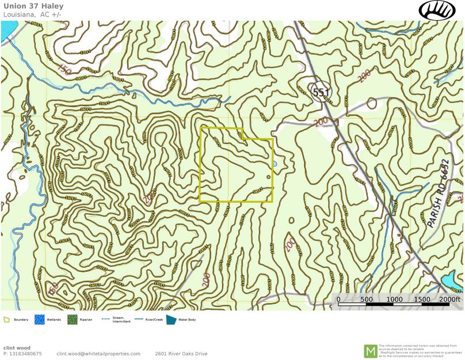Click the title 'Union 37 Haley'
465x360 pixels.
pyautogui.click(x=33, y=6)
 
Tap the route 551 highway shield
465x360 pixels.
pyautogui.click(x=321, y=92)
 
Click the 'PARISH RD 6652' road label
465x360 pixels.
pyautogui.click(x=437, y=193)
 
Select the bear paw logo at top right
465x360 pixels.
pyautogui.click(x=437, y=10)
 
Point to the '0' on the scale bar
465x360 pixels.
pyautogui.click(x=338, y=300)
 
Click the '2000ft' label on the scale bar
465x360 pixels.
pyautogui.click(x=449, y=300)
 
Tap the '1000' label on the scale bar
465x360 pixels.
pyautogui.click(x=394, y=300)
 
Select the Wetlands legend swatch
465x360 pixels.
pyautogui.click(x=39, y=319)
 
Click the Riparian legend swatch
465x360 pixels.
pyautogui.click(x=72, y=319)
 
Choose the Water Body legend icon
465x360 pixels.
pyautogui.click(x=171, y=319)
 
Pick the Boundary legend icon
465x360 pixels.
pyautogui.click(x=7, y=319)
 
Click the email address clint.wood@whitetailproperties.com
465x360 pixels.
pyautogui.click(x=98, y=354)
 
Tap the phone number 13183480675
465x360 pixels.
pyautogui.click(x=26, y=354)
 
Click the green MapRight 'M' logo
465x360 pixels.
pyautogui.click(x=371, y=351)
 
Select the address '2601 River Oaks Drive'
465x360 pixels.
pyautogui.click(x=181, y=354)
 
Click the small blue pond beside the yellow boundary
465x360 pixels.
pyautogui.click(x=275, y=164)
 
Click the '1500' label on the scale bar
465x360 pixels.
pyautogui.click(x=422, y=300)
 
